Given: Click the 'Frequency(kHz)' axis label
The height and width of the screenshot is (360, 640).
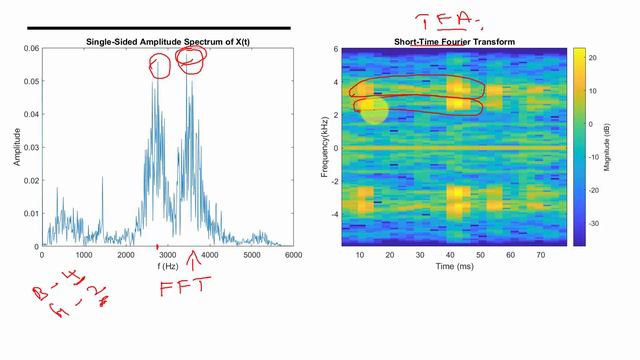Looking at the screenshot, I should point(325,147).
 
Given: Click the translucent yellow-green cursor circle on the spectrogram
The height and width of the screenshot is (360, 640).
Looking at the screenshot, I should point(373,109).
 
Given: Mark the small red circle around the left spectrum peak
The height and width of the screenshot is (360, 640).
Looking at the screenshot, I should point(159,67).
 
